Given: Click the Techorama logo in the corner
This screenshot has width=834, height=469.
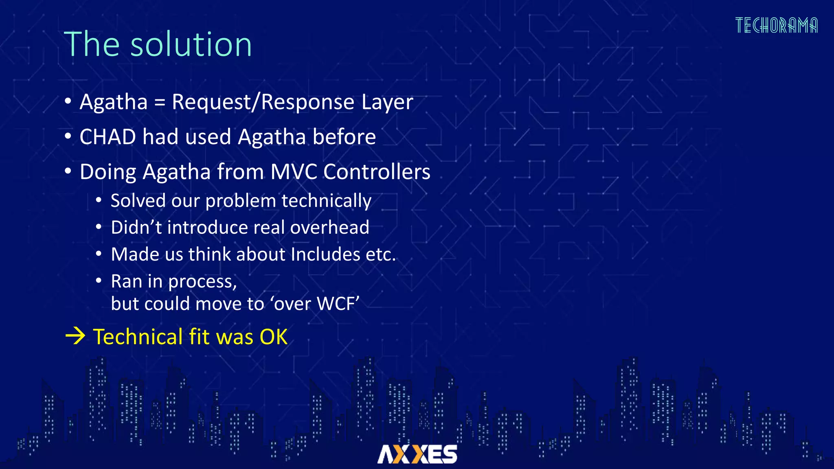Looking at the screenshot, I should (776, 26).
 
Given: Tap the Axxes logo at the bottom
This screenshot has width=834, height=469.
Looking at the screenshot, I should (417, 454).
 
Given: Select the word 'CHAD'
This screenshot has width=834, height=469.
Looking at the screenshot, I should (108, 137).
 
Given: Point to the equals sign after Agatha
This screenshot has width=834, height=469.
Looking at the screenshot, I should (160, 102).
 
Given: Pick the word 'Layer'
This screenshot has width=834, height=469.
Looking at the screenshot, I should (387, 102).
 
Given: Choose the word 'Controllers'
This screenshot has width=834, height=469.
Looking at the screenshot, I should (377, 172).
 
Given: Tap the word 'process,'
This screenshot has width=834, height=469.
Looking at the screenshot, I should (202, 282).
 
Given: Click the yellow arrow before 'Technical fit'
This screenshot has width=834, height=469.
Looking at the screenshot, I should (75, 336).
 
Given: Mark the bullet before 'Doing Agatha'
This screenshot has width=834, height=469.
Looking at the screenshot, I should (68, 171).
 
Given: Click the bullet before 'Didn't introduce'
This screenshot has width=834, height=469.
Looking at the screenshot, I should (99, 227).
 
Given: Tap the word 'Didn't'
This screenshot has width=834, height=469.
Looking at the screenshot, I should (136, 227).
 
